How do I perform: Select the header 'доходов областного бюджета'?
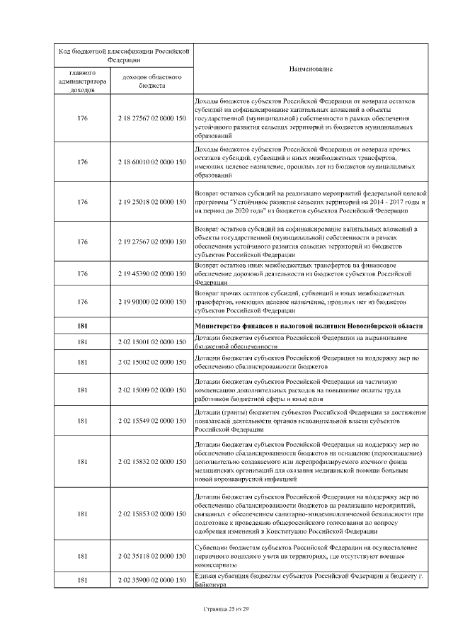click(152, 81)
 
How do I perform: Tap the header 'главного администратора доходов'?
click(83, 81)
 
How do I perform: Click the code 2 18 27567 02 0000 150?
click(152, 118)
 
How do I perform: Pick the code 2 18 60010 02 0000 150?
click(152, 162)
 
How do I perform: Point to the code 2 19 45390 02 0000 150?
click(152, 273)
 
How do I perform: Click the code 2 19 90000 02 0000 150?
click(152, 302)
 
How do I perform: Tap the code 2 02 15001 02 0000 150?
click(152, 342)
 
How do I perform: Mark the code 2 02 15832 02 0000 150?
click(152, 461)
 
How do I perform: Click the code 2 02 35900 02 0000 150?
click(152, 581)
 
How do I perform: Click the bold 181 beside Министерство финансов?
click(83, 325)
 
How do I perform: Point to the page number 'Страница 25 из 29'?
click(226, 608)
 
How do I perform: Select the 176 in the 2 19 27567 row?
click(83, 242)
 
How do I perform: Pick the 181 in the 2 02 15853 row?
click(83, 513)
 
